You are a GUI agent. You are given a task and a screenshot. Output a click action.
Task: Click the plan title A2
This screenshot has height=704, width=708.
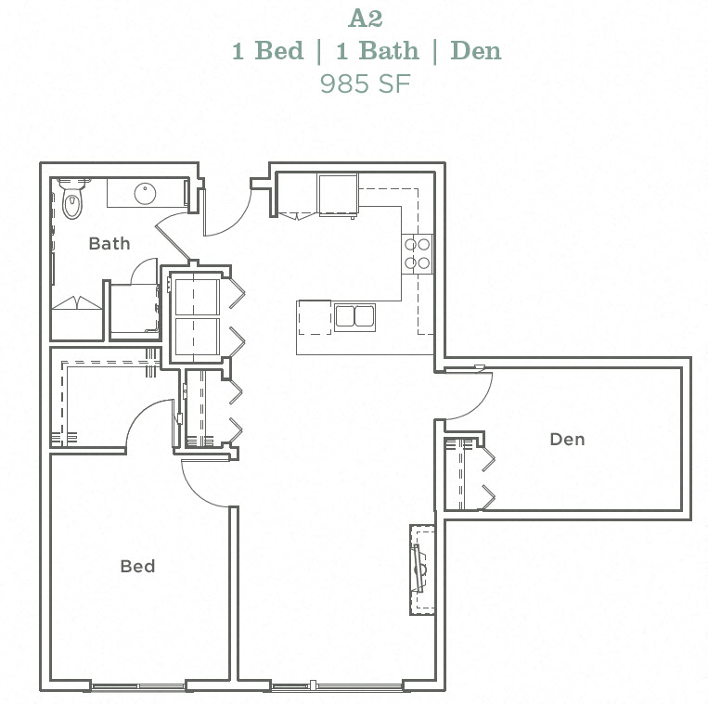point(366,18)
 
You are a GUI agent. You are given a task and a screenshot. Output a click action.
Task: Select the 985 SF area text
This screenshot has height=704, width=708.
point(366,83)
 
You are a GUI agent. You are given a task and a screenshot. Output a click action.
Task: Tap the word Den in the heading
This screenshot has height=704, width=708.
point(475,50)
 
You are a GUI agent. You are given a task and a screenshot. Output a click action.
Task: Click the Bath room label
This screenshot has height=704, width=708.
point(109,244)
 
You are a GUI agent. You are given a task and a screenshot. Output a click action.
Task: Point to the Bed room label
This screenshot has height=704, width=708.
point(137,566)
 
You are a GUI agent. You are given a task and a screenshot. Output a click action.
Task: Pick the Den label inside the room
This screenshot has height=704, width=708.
point(567,439)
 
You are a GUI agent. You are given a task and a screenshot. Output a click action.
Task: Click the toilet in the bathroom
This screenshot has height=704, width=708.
point(72,198)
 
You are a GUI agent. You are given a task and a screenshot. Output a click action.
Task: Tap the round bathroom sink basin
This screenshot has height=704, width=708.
point(146,194)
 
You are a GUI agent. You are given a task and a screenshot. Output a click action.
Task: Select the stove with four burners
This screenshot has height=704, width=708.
point(417,253)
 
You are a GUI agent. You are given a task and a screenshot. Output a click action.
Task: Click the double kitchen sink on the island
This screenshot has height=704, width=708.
point(354,317)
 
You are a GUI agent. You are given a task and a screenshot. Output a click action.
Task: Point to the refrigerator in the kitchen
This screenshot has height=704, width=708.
point(338,194)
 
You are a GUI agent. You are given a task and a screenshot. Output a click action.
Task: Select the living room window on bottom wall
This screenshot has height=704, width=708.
point(337,687)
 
